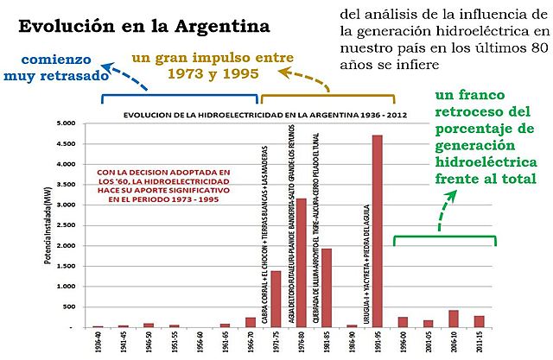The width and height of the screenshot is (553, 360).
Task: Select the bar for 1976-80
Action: (x=301, y=263)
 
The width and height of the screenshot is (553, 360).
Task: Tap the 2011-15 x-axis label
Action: (x=479, y=344)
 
